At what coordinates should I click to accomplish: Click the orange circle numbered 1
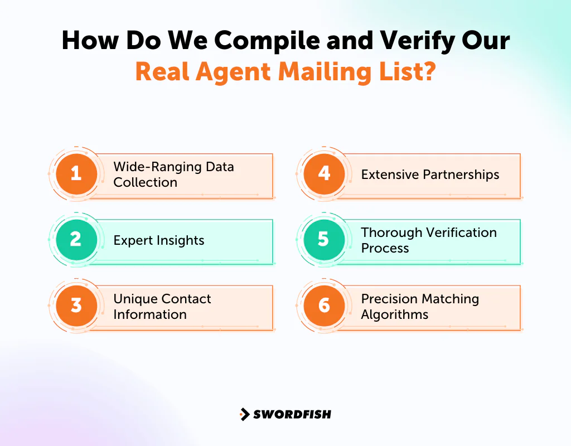pos(76,173)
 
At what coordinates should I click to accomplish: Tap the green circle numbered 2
pos(76,239)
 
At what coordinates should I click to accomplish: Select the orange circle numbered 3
pos(76,306)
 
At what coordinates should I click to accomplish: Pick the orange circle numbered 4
pos(324,173)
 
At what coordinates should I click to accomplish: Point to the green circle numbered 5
pos(324,239)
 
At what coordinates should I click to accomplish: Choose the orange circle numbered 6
pos(324,306)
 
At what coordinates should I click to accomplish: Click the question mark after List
pos(428,72)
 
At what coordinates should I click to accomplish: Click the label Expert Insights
pos(159,241)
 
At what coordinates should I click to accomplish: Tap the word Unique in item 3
pos(136,299)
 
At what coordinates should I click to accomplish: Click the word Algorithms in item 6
pos(394,314)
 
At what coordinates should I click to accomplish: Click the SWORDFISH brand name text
pos(292,414)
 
